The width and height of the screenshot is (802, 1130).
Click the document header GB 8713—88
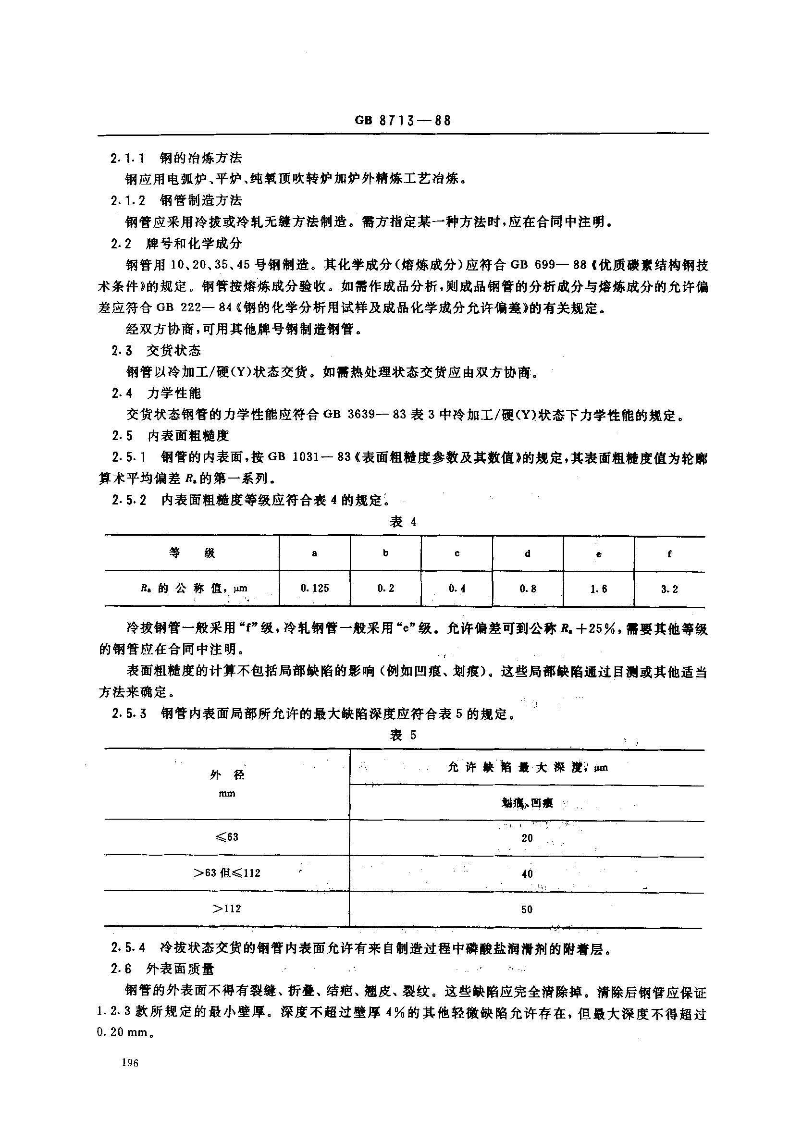point(403,121)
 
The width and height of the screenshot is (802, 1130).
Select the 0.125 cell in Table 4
point(315,589)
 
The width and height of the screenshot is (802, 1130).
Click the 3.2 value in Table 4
point(669,589)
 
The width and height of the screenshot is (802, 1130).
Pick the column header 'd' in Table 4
point(528,553)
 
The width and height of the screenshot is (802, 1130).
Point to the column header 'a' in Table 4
point(315,553)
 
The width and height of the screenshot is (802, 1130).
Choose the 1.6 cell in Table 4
point(599,589)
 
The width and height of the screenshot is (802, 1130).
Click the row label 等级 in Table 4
point(192,553)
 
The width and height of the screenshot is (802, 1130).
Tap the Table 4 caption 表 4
point(403,522)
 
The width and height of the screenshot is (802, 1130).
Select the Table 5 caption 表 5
point(403,735)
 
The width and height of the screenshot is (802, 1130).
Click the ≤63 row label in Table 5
point(227,837)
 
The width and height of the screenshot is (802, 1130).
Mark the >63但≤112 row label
point(227,873)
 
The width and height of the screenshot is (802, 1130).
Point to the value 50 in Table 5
point(527,909)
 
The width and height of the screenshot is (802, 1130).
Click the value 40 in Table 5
point(527,873)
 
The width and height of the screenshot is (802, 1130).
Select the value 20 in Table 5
point(527,838)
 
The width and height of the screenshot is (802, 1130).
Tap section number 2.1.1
point(128,159)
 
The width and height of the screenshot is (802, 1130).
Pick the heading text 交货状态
point(174,351)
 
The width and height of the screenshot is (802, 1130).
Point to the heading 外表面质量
point(181,969)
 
